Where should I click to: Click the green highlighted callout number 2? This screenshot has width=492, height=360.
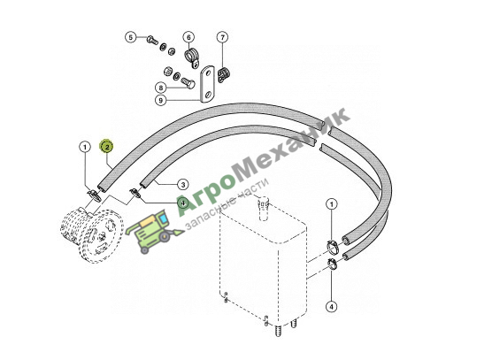coord(107,147)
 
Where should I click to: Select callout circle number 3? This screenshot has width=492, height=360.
coord(183,184)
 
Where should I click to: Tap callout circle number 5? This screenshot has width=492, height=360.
coord(131,38)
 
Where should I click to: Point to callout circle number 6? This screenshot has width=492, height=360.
coord(188,38)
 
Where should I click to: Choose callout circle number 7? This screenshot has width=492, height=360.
coord(222,38)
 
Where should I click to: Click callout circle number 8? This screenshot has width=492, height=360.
coord(161,88)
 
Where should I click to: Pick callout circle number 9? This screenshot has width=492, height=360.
coord(161,100)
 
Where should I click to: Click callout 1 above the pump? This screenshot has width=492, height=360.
coord(85,147)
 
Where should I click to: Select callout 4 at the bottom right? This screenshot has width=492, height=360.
coord(332,306)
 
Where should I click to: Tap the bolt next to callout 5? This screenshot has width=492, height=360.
coord(152,40)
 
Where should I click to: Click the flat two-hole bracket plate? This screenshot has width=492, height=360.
coord(207,84)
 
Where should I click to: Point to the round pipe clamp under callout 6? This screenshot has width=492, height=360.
coord(191,57)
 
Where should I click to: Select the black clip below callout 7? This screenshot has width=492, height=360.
coord(223,74)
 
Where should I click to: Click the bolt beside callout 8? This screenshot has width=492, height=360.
coord(188,82)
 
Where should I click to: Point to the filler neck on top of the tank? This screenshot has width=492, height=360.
coord(264,207)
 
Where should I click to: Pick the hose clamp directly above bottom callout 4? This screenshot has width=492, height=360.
coord(332,264)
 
